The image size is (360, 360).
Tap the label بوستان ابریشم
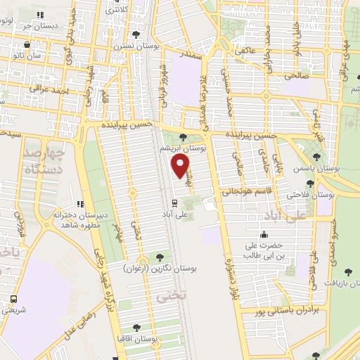tap(184, 149)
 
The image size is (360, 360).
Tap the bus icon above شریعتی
tap(14, 299)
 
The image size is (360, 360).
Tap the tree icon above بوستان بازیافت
tap(347, 271)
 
